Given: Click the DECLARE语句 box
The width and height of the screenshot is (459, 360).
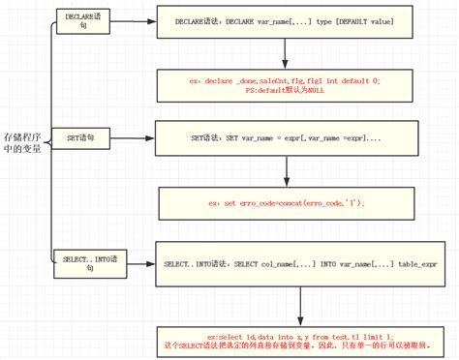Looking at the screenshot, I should coord(82,21).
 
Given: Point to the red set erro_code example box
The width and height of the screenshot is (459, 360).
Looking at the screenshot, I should coord(287,204).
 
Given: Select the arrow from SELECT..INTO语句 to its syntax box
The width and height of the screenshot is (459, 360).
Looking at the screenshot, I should coord(131,262).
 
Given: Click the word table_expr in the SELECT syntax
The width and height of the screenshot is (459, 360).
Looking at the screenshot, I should coord(418,262).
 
